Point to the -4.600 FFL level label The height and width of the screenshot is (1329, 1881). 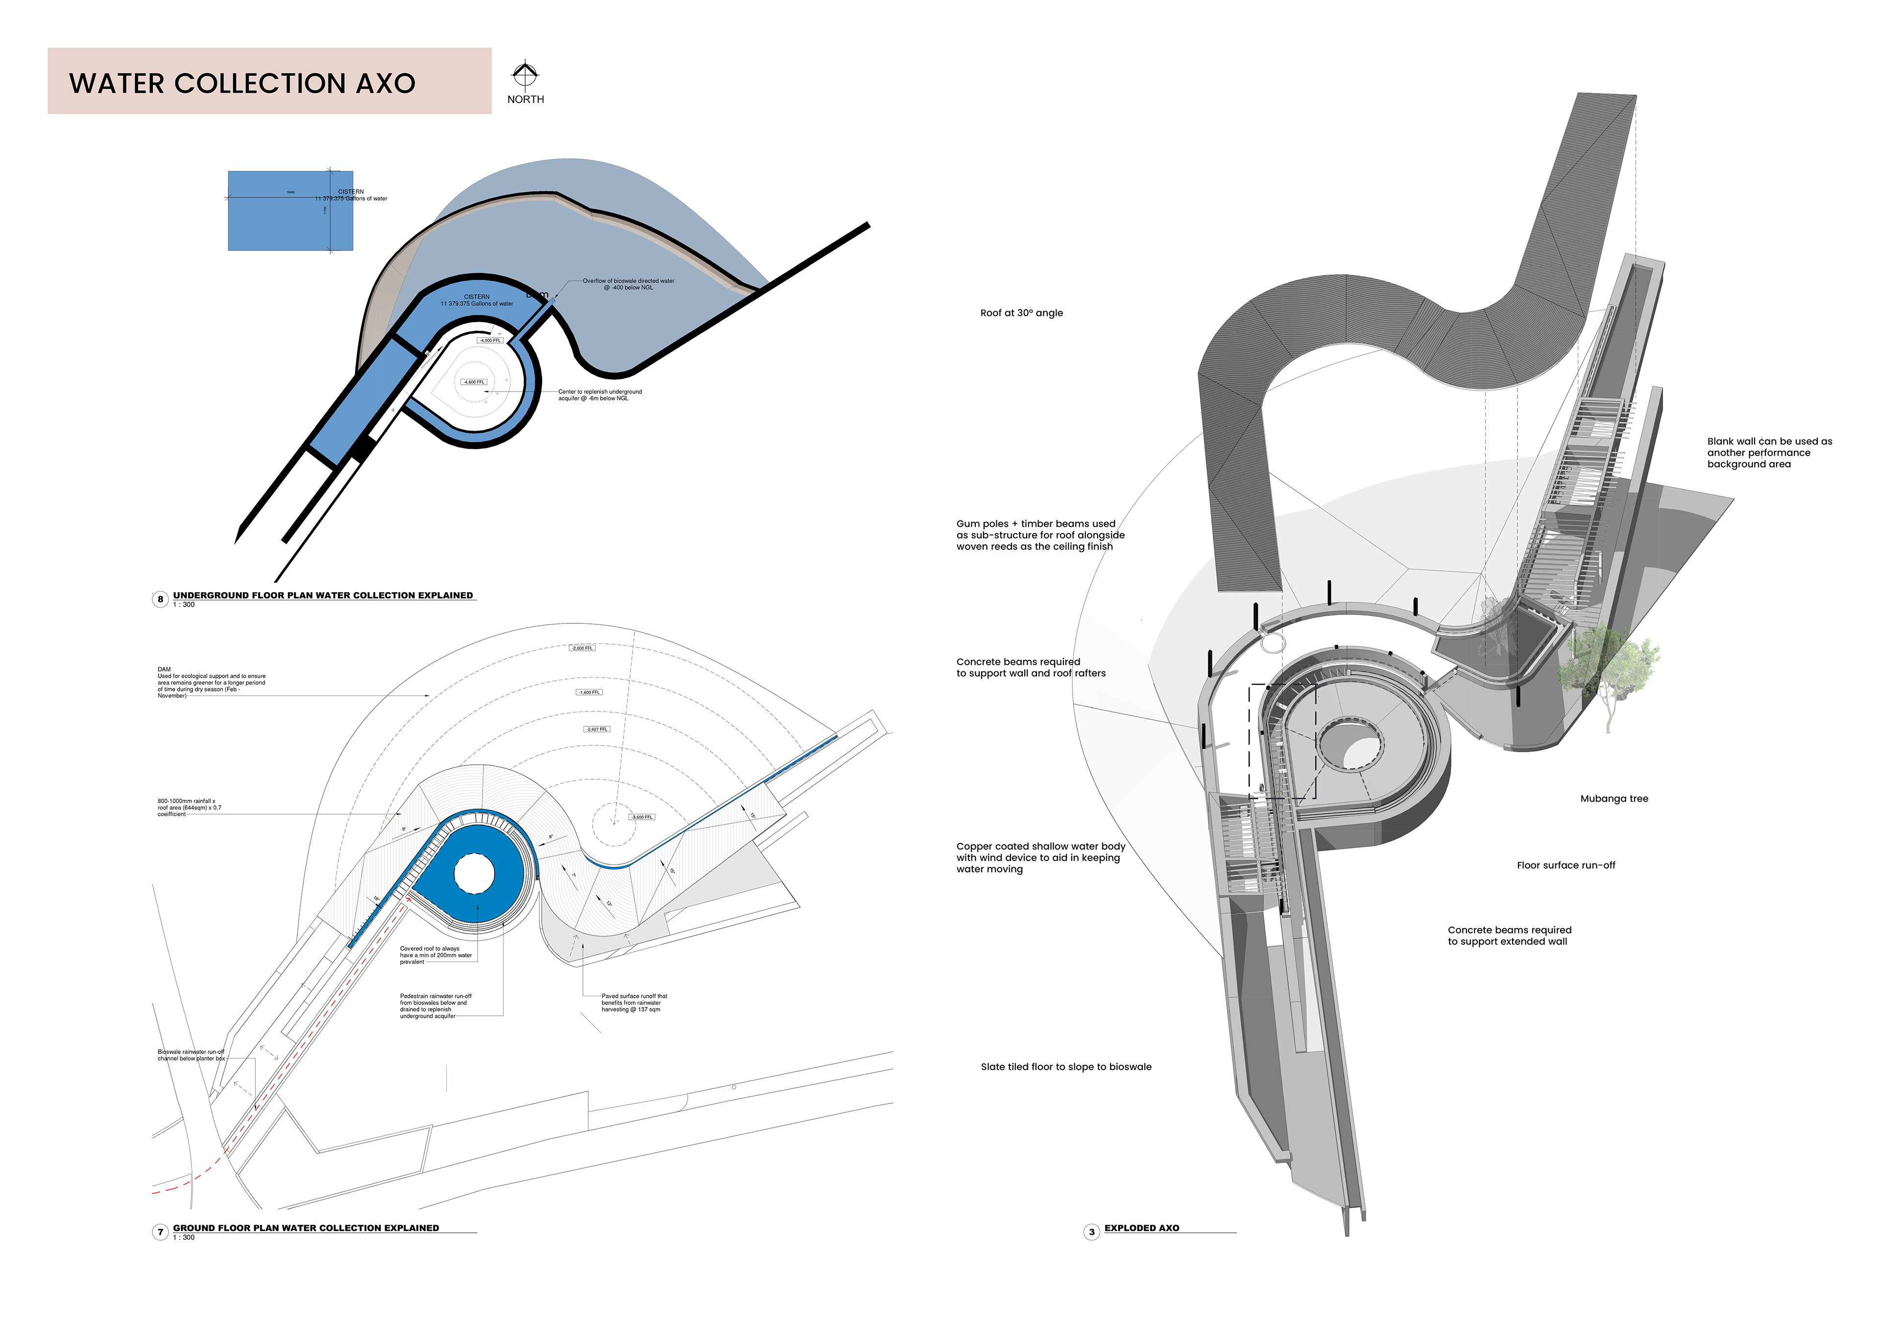[474, 382]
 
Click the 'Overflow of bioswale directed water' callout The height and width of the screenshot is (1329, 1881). [628, 284]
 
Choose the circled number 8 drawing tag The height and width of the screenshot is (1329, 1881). [161, 599]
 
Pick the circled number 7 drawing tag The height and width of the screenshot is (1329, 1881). [161, 1231]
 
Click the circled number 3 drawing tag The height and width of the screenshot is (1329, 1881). [1091, 1231]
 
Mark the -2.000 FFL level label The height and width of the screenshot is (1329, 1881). [582, 648]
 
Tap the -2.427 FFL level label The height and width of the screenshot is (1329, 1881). [597, 729]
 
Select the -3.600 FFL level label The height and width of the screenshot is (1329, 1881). [642, 817]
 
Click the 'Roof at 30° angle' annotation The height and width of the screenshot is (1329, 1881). [1021, 313]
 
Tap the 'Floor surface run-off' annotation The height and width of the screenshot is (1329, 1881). [1566, 865]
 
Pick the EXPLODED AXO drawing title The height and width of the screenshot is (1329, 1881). [1141, 1228]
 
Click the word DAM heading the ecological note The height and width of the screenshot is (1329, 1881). [164, 669]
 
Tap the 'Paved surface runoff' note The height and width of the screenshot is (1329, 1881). [633, 1003]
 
